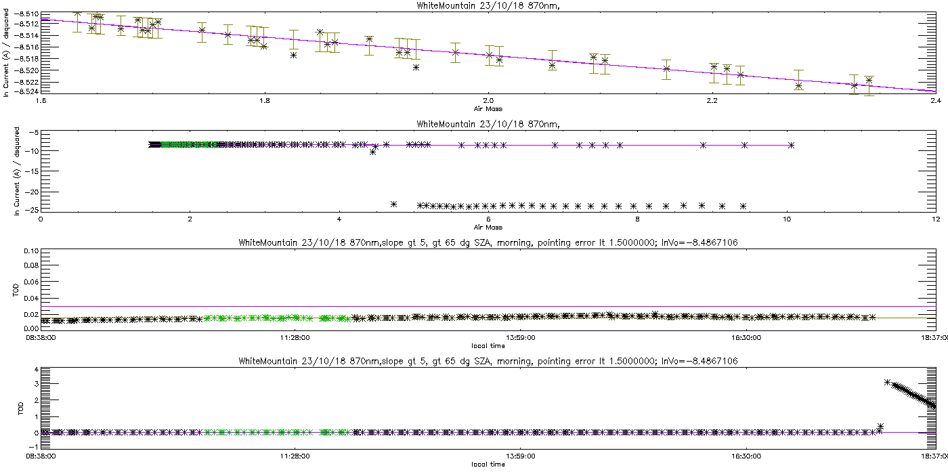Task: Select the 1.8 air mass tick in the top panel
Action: tap(264, 101)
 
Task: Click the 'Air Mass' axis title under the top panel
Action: tap(488, 108)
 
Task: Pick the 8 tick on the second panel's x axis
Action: tap(637, 219)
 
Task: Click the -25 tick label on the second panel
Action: tap(30, 209)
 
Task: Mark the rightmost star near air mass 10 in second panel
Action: tap(791, 145)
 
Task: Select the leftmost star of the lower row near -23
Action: tap(393, 204)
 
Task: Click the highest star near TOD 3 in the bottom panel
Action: tap(887, 383)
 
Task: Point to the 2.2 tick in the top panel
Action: tap(712, 101)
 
